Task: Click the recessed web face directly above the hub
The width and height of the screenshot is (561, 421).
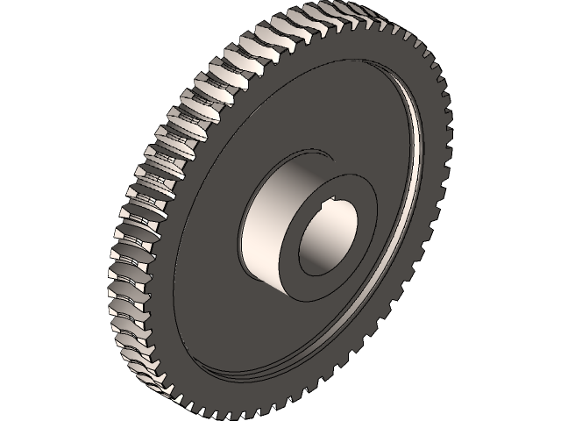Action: coord(324,105)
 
